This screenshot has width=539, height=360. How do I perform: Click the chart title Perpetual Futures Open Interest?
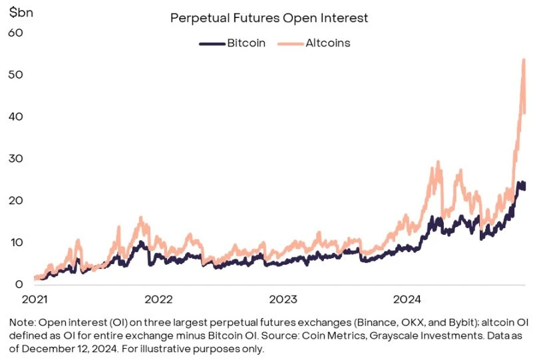tap(269, 18)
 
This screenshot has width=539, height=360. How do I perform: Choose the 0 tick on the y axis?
tap(19, 284)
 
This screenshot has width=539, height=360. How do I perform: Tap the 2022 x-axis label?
tap(160, 299)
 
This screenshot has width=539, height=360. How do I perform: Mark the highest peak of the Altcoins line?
tap(524, 60)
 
